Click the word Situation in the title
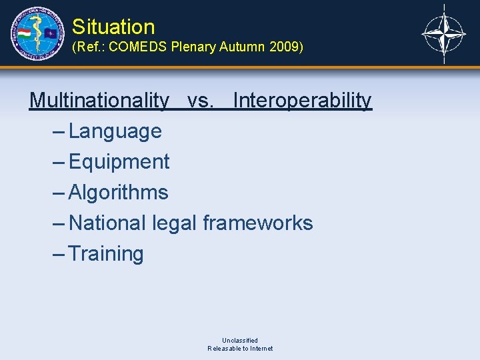coord(113,27)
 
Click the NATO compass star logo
coord(445,33)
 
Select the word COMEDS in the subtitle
coord(138,48)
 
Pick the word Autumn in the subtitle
coord(244,48)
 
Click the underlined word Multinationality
coord(99,101)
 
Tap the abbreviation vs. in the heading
coord(201,101)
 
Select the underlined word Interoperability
coord(303,101)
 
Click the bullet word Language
coord(115,131)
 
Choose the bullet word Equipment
coord(119,162)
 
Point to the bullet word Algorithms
coord(119,193)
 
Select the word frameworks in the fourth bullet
coord(258,223)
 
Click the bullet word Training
coord(106,253)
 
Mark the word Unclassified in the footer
coord(240,340)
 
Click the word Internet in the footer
coord(259,349)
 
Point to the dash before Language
coord(58,131)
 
